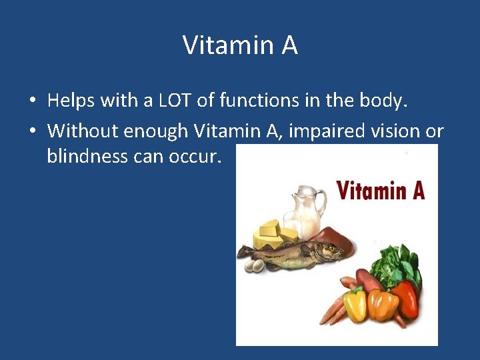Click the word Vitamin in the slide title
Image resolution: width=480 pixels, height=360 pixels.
coord(222,45)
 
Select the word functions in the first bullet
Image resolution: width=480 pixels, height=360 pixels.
coord(255,101)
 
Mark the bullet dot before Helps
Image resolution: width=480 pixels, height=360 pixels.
coord(31,102)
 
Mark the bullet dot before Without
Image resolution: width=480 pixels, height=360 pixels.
coord(31,131)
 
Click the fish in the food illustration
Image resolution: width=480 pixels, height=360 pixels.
coord(293,253)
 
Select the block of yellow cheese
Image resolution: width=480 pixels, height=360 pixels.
coord(273,233)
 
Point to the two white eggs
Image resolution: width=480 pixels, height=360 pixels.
coord(255,265)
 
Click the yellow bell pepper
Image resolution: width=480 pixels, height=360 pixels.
coord(355,303)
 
